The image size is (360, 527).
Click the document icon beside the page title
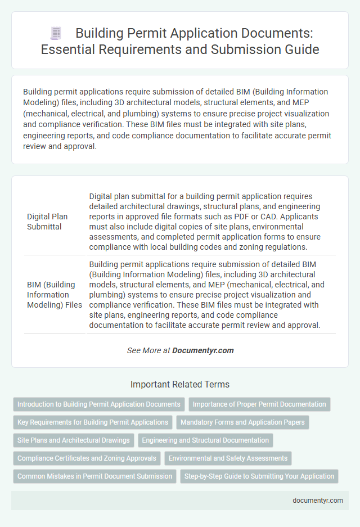[56, 33]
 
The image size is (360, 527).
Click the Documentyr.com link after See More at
[202, 350]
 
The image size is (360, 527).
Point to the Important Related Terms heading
[179, 385]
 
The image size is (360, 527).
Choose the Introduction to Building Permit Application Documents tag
[99, 404]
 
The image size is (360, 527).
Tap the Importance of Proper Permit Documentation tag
[259, 404]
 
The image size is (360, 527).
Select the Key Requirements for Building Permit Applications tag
[93, 422]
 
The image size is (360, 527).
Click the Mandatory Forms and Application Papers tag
[242, 422]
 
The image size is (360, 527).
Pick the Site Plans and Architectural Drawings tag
[74, 440]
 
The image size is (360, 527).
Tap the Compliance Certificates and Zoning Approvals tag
[87, 458]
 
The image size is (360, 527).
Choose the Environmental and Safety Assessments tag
[228, 458]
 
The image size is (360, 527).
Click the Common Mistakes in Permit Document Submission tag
[94, 476]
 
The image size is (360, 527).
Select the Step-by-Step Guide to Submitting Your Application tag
[259, 476]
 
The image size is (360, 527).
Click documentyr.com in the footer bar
[318, 501]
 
